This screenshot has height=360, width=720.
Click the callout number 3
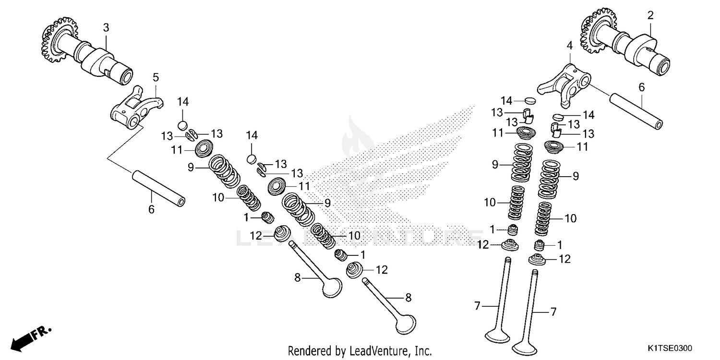106,28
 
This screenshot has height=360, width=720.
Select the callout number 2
650,15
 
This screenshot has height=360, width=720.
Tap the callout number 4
569,46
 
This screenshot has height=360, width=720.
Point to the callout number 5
156,77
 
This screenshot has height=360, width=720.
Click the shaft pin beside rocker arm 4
636,112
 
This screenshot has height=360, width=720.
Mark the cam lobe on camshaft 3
96,60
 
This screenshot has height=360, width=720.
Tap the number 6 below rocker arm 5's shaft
151,209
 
